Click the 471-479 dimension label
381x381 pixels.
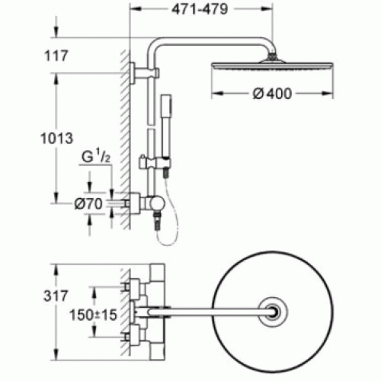(x=200, y=10)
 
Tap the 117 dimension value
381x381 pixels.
(x=56, y=56)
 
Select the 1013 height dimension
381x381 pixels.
(x=56, y=139)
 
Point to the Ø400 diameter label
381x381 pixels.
(x=272, y=94)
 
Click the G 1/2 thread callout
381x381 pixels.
(x=96, y=157)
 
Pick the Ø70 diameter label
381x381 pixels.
(x=88, y=203)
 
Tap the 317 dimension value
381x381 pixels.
(x=56, y=296)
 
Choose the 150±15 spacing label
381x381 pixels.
(x=93, y=315)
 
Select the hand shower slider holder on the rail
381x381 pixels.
(x=155, y=163)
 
